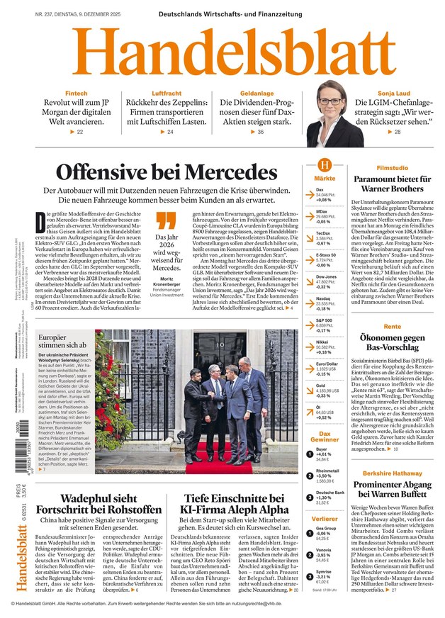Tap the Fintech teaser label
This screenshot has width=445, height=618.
click(x=77, y=94)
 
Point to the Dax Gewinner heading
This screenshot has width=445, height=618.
click(x=325, y=436)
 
